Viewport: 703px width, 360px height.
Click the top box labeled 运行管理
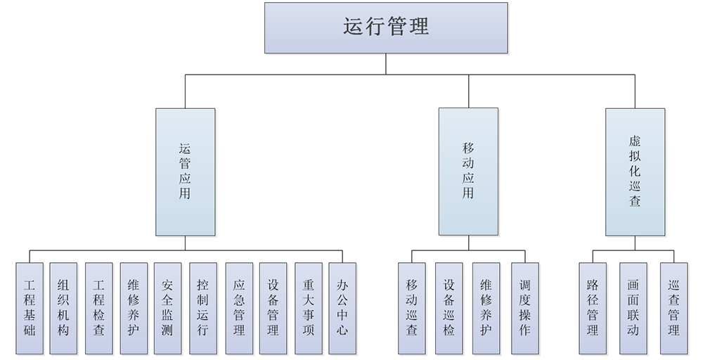coord(386,27)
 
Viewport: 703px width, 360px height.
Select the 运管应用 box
coord(185,171)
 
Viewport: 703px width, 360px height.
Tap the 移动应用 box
coord(468,171)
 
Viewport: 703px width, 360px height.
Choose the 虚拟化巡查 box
coord(635,171)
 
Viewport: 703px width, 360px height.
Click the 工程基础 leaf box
coord(30,308)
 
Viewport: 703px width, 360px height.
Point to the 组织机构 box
coord(64,308)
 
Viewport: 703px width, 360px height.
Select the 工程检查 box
coord(98,308)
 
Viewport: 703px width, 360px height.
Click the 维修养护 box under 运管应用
coord(134,308)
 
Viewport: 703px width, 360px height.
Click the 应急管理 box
coord(239,308)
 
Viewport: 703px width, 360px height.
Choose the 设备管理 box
coord(273,308)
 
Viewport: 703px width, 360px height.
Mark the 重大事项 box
coord(308,308)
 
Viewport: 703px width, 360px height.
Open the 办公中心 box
coord(342,308)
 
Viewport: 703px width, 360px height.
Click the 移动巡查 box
coord(412,308)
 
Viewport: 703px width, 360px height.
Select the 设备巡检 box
coord(449,308)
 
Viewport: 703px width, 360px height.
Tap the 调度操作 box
coord(525,308)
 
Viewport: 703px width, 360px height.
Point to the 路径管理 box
coord(593,308)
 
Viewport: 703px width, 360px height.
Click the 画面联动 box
coord(633,308)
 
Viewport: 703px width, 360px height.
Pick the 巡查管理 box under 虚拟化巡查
coord(673,308)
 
